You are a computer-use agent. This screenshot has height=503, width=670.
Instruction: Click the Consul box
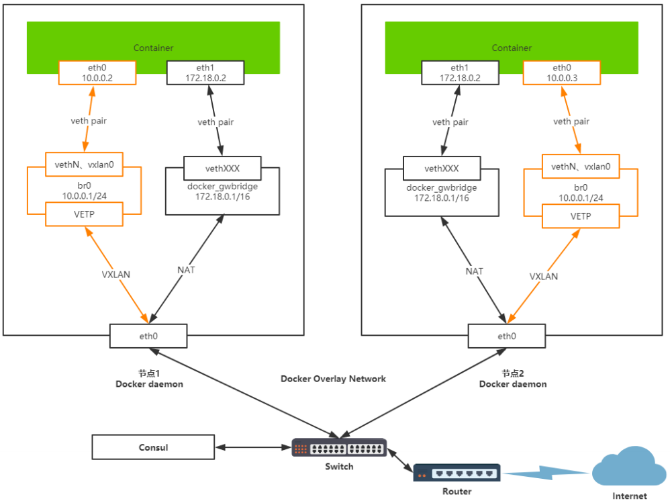tap(153, 447)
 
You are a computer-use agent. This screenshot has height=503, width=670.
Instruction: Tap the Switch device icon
tap(339, 448)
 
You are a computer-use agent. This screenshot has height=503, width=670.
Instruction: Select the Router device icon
tap(457, 473)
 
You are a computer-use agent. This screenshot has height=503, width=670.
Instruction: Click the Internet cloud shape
tap(628, 469)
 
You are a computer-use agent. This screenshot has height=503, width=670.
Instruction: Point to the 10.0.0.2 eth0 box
tap(97, 73)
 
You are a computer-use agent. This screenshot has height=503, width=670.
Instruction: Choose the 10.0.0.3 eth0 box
tap(561, 73)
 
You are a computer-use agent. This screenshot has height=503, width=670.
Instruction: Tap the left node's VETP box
tap(83, 215)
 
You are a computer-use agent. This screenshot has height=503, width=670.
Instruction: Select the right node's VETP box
tap(581, 215)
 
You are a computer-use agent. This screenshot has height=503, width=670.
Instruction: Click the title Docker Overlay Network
tap(333, 379)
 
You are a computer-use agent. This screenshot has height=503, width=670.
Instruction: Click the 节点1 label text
tap(148, 373)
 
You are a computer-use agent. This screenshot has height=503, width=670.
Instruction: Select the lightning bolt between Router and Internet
tap(546, 473)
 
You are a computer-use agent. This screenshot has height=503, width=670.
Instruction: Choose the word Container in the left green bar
tap(153, 48)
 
